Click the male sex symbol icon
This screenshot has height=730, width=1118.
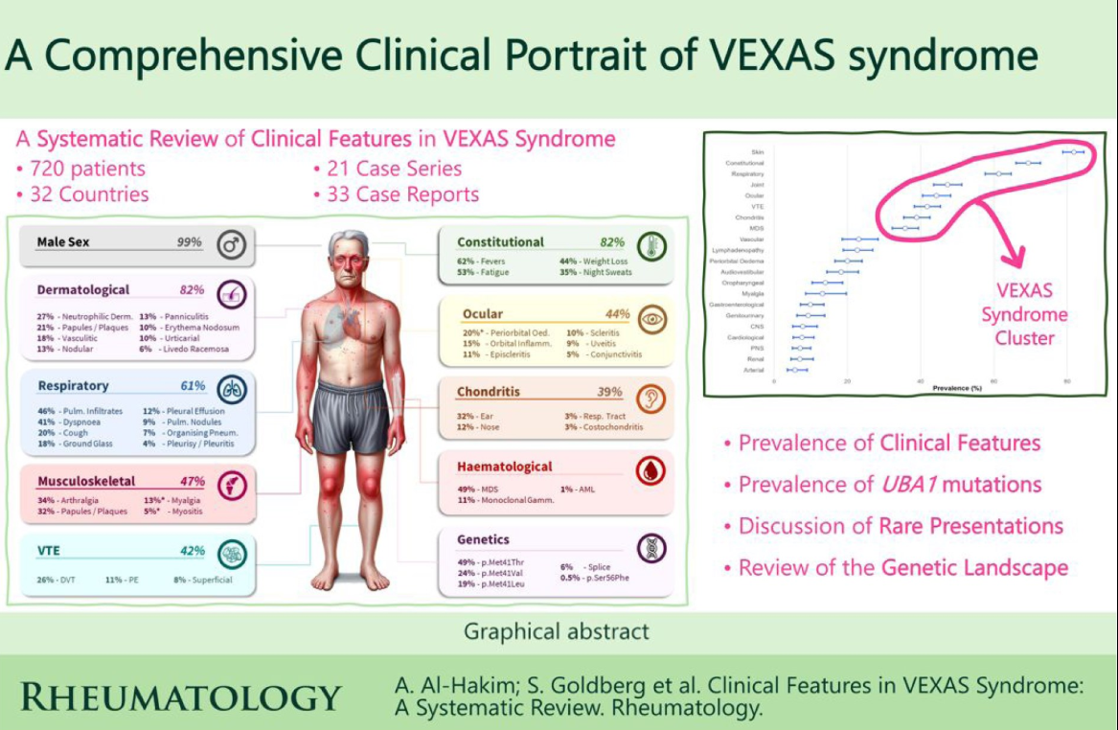[231, 243]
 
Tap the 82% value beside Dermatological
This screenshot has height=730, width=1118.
[193, 289]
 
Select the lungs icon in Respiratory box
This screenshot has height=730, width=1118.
[232, 387]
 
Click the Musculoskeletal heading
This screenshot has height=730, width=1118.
[86, 481]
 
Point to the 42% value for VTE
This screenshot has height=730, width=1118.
[192, 551]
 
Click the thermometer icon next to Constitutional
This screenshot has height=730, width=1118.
[650, 243]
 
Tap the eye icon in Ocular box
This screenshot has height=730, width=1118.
[650, 317]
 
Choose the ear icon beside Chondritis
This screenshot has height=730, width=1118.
[650, 394]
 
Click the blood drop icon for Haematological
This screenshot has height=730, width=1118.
[650, 468]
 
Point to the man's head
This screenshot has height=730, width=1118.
[349, 262]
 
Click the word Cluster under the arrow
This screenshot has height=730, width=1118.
[1024, 338]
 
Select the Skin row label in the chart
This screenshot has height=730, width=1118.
[758, 152]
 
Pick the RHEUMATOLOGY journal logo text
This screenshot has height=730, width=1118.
[180, 698]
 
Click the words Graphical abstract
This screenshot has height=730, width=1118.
[557, 632]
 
